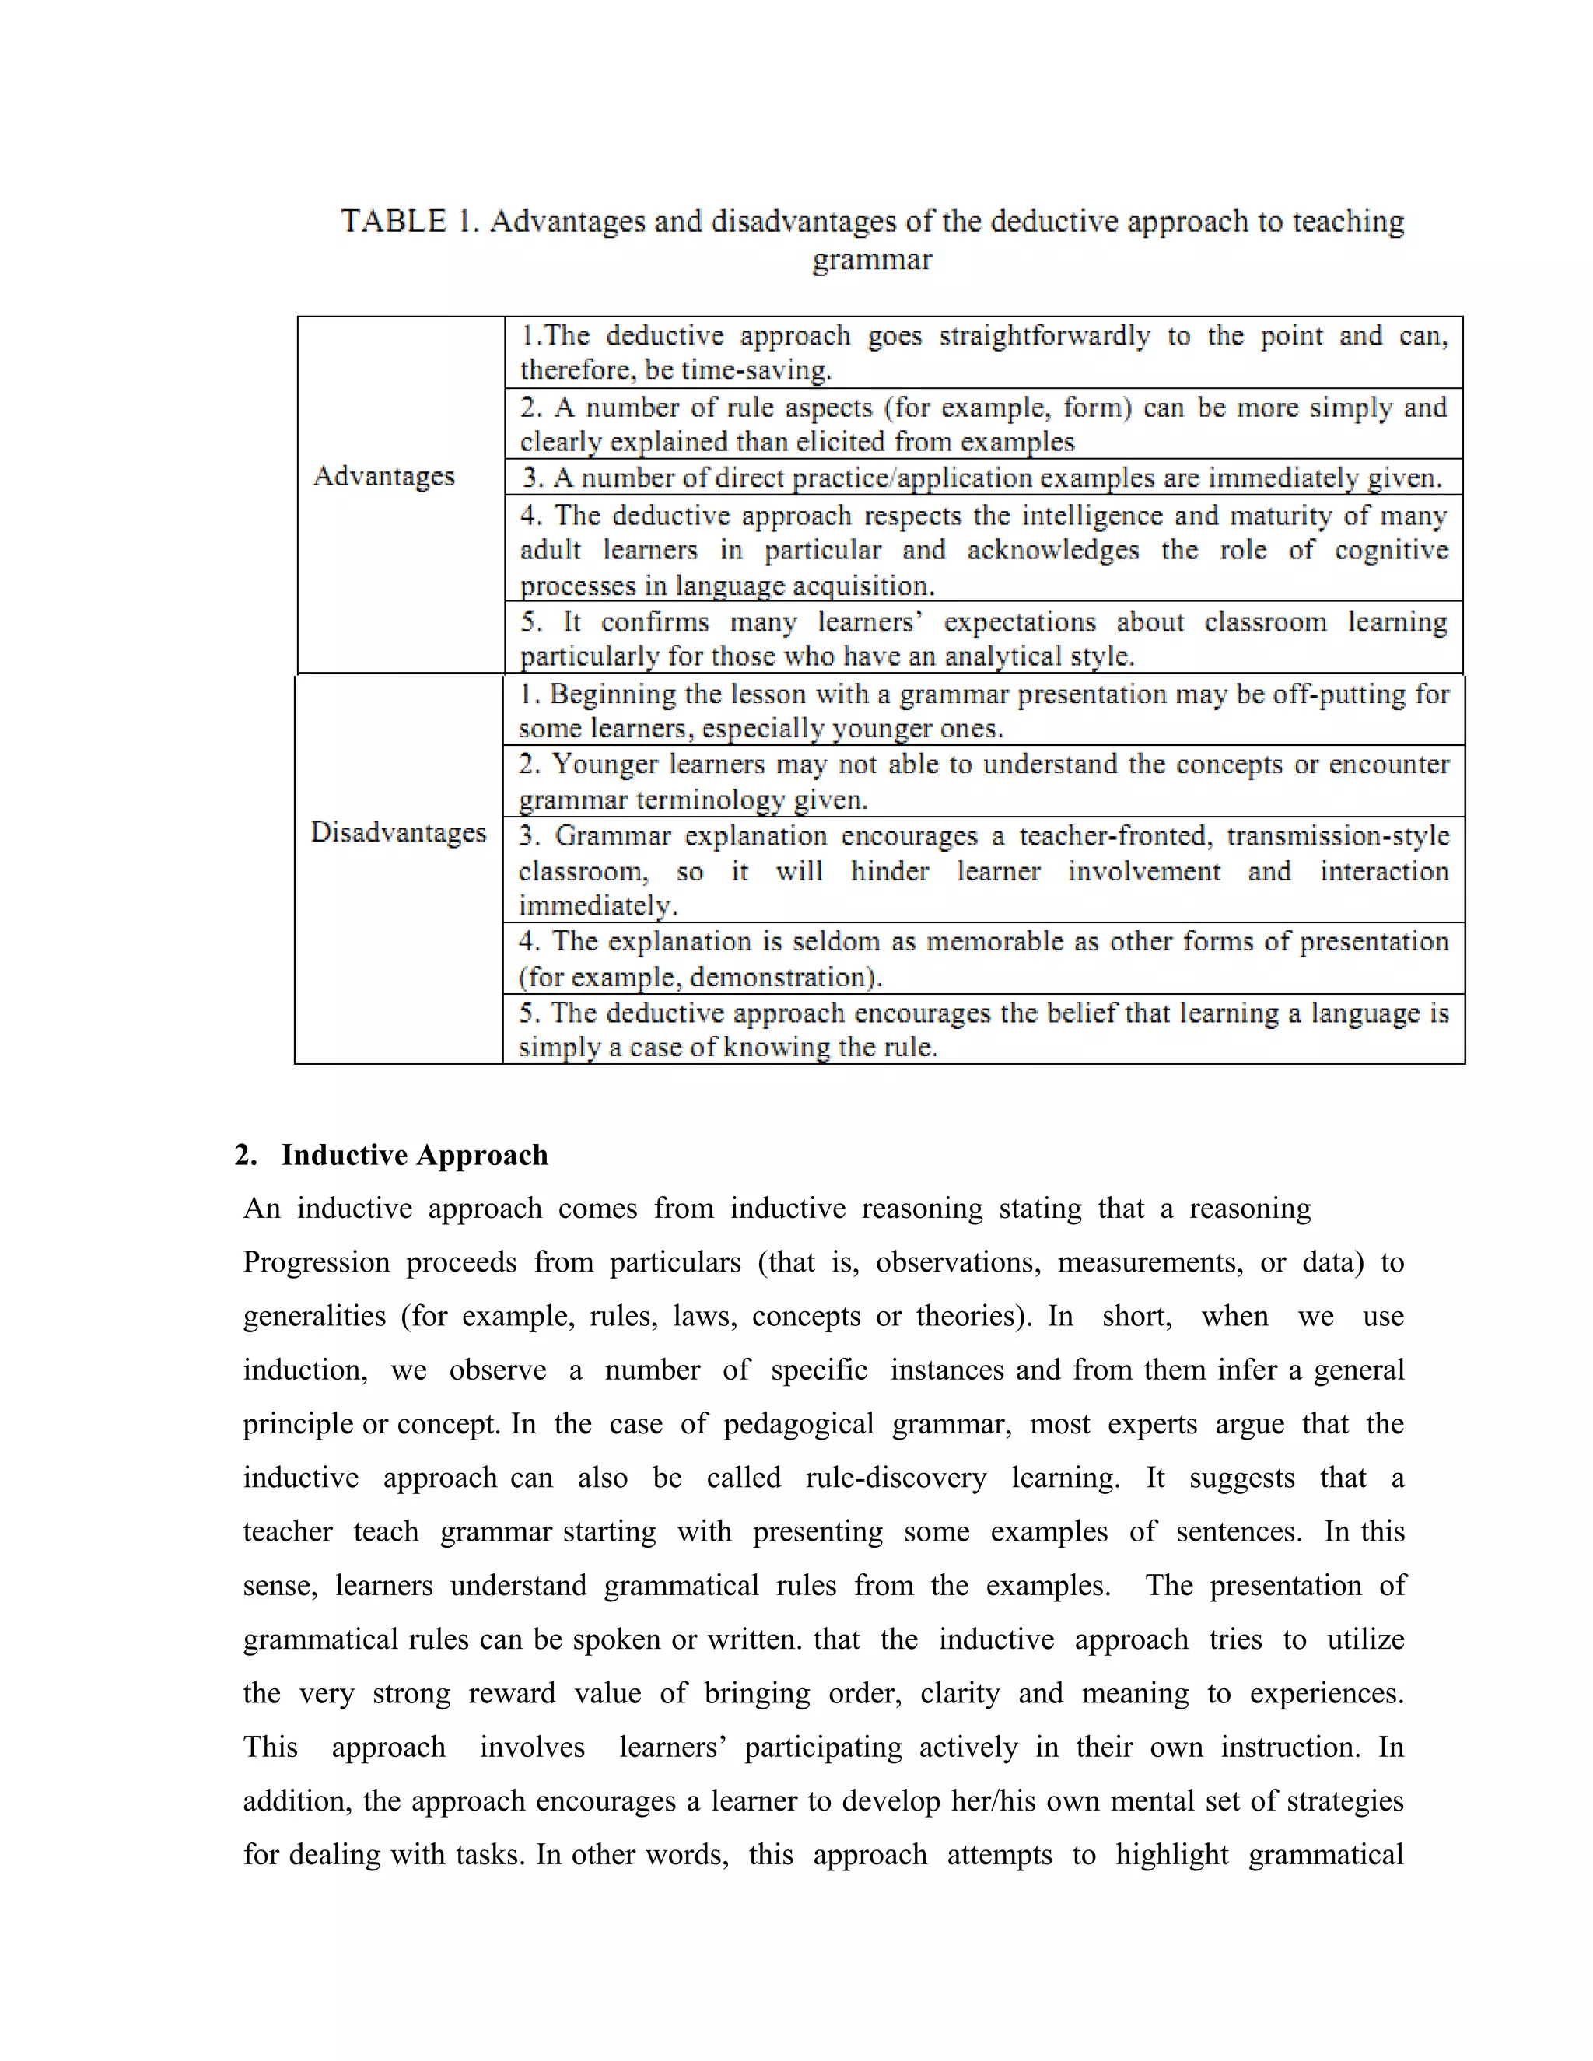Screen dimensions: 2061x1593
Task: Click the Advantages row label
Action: pos(383,476)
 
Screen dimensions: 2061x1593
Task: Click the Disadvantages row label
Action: pos(398,832)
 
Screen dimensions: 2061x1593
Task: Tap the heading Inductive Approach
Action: pos(415,1155)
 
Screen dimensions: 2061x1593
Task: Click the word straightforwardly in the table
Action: pos(1044,336)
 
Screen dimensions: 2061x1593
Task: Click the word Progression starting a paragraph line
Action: pos(316,1262)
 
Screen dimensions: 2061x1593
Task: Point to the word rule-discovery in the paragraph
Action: pos(895,1478)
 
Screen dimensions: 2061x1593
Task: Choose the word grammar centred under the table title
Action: pos(872,260)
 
